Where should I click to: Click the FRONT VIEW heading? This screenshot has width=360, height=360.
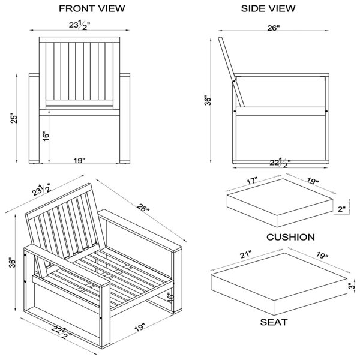pyautogui.click(x=92, y=8)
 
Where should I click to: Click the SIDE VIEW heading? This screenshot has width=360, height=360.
pyautogui.click(x=268, y=8)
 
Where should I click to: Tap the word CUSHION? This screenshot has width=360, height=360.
pyautogui.click(x=290, y=237)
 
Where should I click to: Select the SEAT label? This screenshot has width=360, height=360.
pyautogui.click(x=274, y=322)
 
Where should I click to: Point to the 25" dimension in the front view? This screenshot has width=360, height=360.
pyautogui.click(x=14, y=118)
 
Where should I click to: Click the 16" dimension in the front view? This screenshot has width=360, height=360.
pyautogui.click(x=46, y=136)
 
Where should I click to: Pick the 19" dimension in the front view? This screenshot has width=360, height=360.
pyautogui.click(x=79, y=160)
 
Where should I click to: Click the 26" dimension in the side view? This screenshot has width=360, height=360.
pyautogui.click(x=274, y=28)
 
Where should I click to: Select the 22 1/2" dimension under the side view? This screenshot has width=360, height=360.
pyautogui.click(x=280, y=163)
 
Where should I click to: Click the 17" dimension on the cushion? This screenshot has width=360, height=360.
pyautogui.click(x=252, y=181)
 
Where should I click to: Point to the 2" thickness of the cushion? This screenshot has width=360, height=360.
pyautogui.click(x=341, y=209)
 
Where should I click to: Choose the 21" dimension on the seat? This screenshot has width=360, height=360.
pyautogui.click(x=246, y=255)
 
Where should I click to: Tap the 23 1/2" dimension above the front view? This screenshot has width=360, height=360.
pyautogui.click(x=79, y=25)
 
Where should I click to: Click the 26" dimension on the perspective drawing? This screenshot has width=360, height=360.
pyautogui.click(x=143, y=208)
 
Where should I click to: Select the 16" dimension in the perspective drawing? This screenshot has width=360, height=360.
pyautogui.click(x=171, y=298)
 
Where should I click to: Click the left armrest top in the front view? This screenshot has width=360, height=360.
pyautogui.click(x=34, y=75)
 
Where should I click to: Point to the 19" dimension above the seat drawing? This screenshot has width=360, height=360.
pyautogui.click(x=322, y=255)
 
